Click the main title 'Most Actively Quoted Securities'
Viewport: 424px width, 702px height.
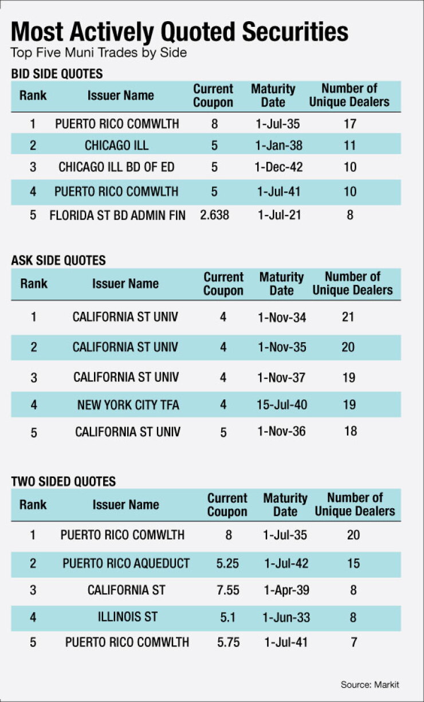pyautogui.click(x=179, y=32)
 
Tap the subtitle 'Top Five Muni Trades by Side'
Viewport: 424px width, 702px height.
pyautogui.click(x=99, y=53)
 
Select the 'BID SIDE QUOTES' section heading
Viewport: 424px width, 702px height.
pyautogui.click(x=57, y=74)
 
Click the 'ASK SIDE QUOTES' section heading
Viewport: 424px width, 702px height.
pyautogui.click(x=58, y=260)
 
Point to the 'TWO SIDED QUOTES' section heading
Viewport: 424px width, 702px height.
pyautogui.click(x=63, y=481)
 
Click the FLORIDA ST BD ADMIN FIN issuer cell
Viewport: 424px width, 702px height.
pyautogui.click(x=117, y=215)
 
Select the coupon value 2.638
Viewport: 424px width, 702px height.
pyautogui.click(x=215, y=215)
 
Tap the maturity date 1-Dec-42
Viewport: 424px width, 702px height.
pyautogui.click(x=278, y=167)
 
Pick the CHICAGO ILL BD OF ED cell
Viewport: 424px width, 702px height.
pyautogui.click(x=116, y=167)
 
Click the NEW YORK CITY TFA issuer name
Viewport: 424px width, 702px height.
pyautogui.click(x=128, y=405)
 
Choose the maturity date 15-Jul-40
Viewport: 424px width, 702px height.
pyautogui.click(x=282, y=405)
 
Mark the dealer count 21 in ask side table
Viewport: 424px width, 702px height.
pyautogui.click(x=348, y=317)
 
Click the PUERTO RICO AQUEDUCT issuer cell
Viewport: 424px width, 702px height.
pyautogui.click(x=126, y=563)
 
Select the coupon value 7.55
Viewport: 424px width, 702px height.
pyautogui.click(x=228, y=590)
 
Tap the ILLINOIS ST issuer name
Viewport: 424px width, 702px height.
pyautogui.click(x=128, y=617)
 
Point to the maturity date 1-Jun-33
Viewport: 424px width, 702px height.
pyautogui.click(x=286, y=617)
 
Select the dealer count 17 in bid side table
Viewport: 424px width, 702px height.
pyautogui.click(x=350, y=124)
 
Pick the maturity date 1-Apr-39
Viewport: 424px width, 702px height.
pyautogui.click(x=286, y=590)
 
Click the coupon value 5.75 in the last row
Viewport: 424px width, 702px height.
pyautogui.click(x=229, y=642)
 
